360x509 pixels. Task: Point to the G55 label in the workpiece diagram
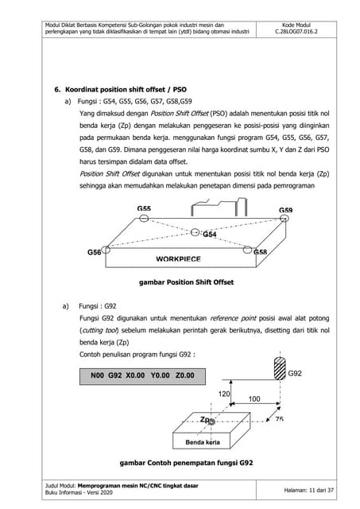pyautogui.click(x=144, y=208)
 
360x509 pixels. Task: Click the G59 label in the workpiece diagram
pyautogui.click(x=285, y=211)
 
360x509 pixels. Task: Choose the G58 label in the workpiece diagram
pyautogui.click(x=260, y=251)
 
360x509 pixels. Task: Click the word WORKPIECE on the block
pyautogui.click(x=178, y=259)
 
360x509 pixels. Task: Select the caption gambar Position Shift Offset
pyautogui.click(x=186, y=282)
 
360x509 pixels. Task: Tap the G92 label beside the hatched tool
pyautogui.click(x=296, y=373)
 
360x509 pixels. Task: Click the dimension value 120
pyautogui.click(x=223, y=394)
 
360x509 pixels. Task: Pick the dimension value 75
pyautogui.click(x=279, y=419)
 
